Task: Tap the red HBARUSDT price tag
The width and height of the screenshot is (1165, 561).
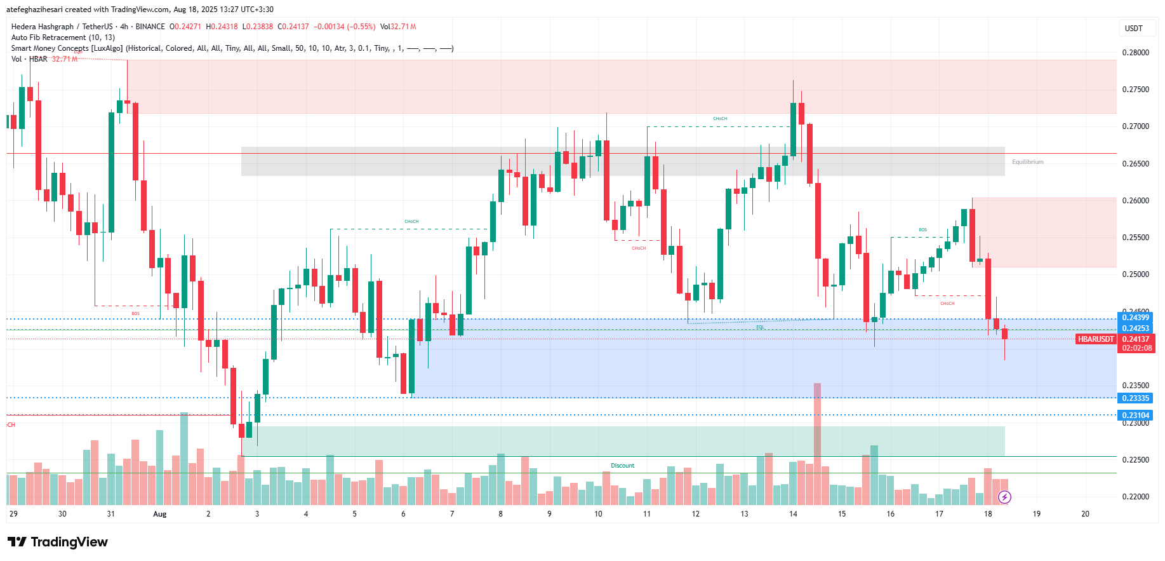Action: tap(1096, 339)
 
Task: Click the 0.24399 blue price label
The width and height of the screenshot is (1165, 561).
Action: tap(1135, 318)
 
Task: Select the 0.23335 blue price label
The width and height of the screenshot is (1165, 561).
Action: tap(1135, 398)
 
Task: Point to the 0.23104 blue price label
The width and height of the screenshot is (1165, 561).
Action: tap(1135, 416)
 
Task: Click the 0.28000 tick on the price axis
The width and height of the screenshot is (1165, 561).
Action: tap(1135, 53)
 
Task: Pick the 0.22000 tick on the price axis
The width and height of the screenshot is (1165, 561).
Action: tap(1135, 497)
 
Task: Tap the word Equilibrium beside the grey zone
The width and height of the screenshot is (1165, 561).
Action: tap(1027, 162)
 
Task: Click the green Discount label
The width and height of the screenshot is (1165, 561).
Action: tap(622, 466)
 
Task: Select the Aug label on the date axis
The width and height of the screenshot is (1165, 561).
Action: tap(159, 514)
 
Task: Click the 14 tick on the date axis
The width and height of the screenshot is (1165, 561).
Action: tap(793, 514)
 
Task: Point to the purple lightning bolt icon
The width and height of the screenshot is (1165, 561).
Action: tap(1004, 497)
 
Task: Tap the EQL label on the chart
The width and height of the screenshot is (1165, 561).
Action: tap(760, 327)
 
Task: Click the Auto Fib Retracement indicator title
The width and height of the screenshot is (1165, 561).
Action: tap(63, 37)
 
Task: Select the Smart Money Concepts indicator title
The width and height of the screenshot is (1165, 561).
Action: tap(67, 48)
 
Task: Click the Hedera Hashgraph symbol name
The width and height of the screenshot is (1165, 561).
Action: tap(42, 27)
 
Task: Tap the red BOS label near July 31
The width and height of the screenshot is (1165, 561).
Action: tap(135, 314)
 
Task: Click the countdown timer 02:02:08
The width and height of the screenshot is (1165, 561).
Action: tap(1136, 348)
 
